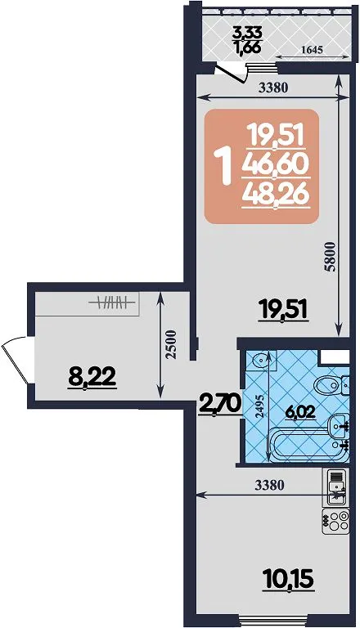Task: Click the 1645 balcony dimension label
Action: tap(312, 50)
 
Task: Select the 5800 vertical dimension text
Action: tap(330, 257)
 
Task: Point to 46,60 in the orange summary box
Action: tap(275, 164)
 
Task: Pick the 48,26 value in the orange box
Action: tap(275, 195)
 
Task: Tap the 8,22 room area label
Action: tap(92, 377)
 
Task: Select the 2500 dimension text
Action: tap(172, 343)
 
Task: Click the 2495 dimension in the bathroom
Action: tap(260, 408)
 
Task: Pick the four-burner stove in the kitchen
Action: tap(336, 521)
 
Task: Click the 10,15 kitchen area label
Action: tap(287, 579)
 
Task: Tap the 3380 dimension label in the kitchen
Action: tap(269, 485)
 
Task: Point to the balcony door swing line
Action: tap(230, 74)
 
